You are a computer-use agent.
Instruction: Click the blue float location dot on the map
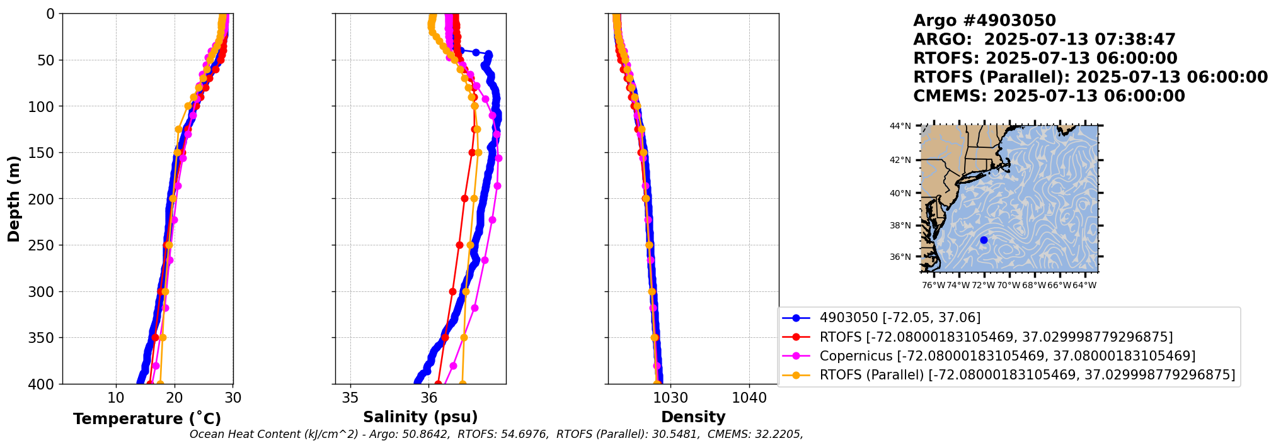[984, 240]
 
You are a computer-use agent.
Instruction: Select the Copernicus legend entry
[1007, 356]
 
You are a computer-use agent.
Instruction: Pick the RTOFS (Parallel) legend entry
[1026, 375]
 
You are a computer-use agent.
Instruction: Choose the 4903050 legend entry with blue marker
[899, 318]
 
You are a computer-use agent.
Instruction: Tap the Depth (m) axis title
[14, 199]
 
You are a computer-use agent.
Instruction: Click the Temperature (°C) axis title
[147, 419]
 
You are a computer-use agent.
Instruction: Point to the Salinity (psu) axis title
[420, 417]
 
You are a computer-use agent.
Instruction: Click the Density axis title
[693, 417]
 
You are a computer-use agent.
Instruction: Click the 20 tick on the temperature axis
[175, 398]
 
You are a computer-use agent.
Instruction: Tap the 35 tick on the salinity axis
[350, 398]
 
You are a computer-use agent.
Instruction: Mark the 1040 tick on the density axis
[749, 398]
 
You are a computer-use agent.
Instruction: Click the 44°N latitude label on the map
[900, 126]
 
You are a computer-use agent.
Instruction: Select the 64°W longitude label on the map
[1084, 286]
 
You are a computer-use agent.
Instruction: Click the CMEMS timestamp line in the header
[1049, 96]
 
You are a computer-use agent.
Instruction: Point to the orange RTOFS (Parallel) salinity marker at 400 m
[463, 383]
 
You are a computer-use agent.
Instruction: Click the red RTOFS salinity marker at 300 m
[452, 291]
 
